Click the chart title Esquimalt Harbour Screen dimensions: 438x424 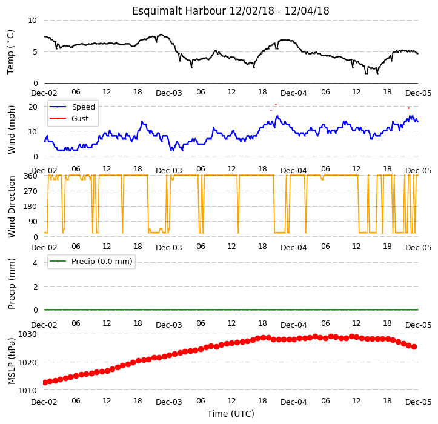click(x=179, y=11)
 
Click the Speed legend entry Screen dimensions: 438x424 click(x=72, y=107)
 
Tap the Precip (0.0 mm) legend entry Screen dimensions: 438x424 click(x=91, y=262)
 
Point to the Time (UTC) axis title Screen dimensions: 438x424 click(x=230, y=414)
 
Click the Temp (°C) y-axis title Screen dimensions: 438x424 click(x=11, y=52)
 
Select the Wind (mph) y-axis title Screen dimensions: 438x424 click(x=11, y=130)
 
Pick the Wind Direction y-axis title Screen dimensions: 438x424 click(x=11, y=207)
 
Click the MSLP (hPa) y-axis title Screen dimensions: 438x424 click(x=11, y=361)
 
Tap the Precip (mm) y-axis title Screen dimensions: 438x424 click(x=11, y=284)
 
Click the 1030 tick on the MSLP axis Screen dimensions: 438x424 click(x=27, y=334)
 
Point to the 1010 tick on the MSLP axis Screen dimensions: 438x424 click(x=27, y=390)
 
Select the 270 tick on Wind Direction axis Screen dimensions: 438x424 click(x=31, y=191)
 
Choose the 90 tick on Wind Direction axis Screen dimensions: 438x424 click(x=33, y=222)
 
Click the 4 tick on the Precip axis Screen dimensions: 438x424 click(x=35, y=263)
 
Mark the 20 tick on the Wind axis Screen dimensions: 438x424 click(x=33, y=107)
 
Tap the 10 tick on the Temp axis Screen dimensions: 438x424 click(x=32, y=21)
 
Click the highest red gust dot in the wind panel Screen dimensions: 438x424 click(x=276, y=104)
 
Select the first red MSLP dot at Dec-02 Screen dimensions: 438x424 click(x=45, y=382)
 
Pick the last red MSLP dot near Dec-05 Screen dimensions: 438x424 click(x=414, y=346)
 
